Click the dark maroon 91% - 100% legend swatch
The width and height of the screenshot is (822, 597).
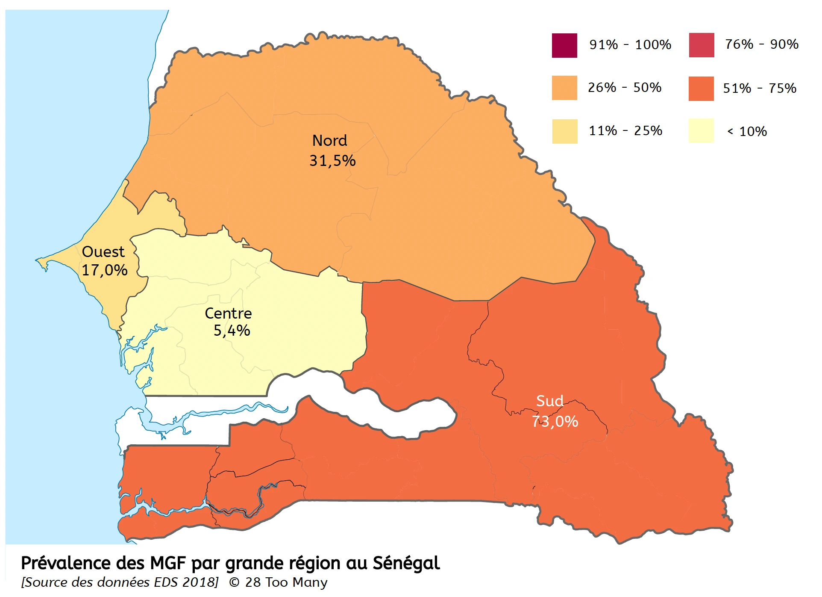[564, 45]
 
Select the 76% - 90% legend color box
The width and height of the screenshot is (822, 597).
[701, 45]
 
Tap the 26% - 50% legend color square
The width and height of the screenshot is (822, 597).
[564, 88]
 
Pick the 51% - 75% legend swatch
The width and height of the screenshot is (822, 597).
[701, 89]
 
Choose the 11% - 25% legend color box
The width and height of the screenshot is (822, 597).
[564, 131]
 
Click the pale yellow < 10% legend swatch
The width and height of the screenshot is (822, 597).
[701, 131]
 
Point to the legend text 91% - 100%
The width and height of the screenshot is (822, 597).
[630, 45]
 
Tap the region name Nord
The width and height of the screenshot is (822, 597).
[329, 141]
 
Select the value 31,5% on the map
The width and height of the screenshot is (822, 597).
[332, 161]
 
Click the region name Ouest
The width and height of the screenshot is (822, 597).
[103, 252]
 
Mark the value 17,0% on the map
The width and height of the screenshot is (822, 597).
[104, 271]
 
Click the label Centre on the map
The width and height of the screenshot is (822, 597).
[228, 313]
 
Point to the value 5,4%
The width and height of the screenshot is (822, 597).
[232, 331]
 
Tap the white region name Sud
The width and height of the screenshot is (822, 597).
[549, 401]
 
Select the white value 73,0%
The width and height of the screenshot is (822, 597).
[555, 422]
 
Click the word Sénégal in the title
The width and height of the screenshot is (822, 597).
[406, 564]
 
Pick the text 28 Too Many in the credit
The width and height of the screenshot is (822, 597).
[286, 582]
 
